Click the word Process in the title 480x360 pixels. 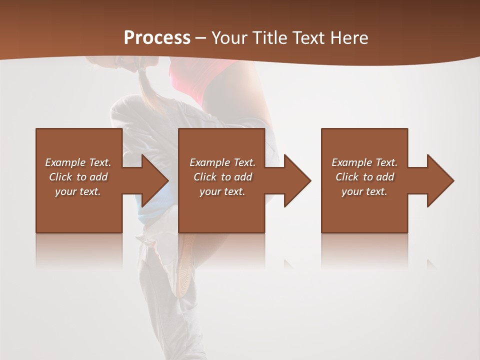tap(157, 38)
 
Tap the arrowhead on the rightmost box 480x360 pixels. tap(439, 180)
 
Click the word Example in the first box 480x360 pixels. tap(64, 162)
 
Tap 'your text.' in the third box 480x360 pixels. tap(364, 191)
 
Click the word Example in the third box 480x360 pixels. tap(351, 162)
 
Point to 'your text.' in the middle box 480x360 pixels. tap(222, 191)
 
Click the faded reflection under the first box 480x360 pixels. tap(79, 250)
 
